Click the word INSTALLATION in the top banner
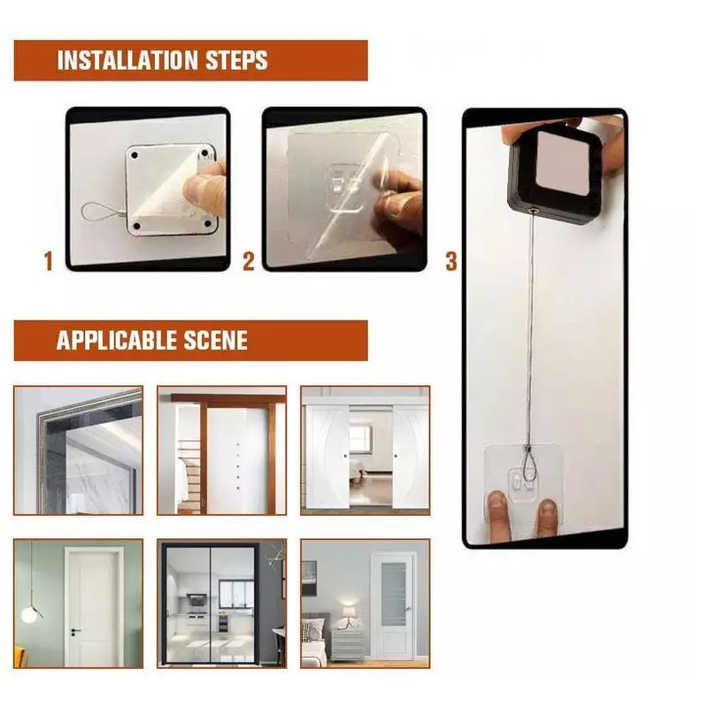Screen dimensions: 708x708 click(127, 60)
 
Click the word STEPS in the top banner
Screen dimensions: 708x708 click(236, 60)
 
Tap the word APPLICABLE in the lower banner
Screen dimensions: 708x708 click(117, 341)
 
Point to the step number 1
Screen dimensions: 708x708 click(49, 261)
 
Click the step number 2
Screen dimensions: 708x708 click(249, 261)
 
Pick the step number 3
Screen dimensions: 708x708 click(451, 261)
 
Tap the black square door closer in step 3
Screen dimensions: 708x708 click(556, 177)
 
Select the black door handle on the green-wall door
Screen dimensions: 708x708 click(75, 631)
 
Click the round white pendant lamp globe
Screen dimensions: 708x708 click(28, 615)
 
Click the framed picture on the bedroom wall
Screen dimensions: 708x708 click(308, 578)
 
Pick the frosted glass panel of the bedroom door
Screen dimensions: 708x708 click(393, 593)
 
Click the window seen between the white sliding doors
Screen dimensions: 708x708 click(360, 437)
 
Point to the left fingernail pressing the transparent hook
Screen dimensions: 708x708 click(497, 500)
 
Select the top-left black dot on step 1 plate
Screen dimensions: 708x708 click(135, 156)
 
